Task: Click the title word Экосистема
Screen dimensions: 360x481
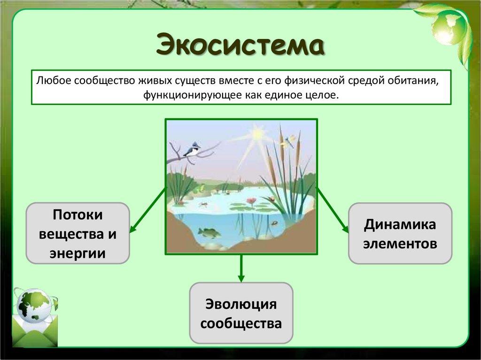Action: coord(240,46)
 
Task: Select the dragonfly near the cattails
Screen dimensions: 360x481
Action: coord(290,140)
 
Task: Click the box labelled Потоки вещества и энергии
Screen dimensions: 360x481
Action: coord(78,233)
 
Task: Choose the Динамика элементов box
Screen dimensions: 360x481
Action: coord(400,233)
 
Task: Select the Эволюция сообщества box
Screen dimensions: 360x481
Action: coord(241,313)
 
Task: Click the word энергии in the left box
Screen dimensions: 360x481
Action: coord(78,253)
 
